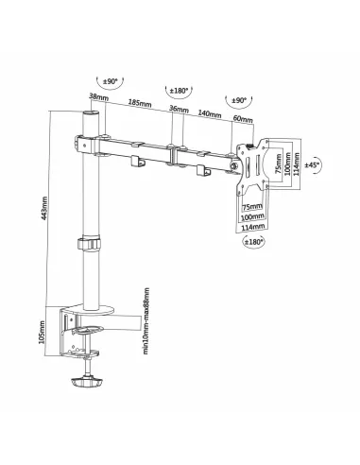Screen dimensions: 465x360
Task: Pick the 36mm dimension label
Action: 176,109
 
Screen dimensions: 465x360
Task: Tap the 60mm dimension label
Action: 242,119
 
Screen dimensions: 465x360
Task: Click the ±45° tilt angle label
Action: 313,164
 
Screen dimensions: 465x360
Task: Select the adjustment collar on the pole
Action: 88,244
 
